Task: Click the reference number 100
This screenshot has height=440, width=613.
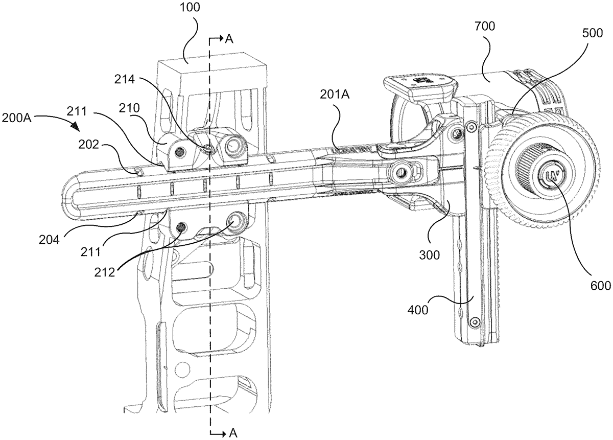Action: pos(190,7)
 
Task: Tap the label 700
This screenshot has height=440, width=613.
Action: pos(485,26)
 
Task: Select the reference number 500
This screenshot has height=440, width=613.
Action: pos(593,33)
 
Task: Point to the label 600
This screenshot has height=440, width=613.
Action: pos(601,286)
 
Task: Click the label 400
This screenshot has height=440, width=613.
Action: pos(418,310)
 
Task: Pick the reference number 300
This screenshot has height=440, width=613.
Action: pos(430,255)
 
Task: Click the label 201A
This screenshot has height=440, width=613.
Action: pos(335,95)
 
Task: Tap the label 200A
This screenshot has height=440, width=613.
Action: pos(16,118)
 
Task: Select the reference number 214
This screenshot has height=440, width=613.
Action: pos(125,79)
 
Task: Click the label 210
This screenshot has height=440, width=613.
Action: pos(129,108)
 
